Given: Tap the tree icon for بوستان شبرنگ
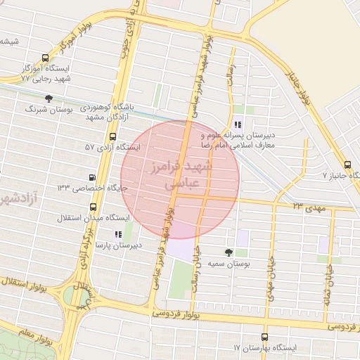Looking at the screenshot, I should pyautogui.click(x=48, y=99).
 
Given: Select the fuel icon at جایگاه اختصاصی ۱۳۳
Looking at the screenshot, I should pyautogui.click(x=91, y=177).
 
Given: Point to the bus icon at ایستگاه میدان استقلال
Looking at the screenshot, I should pyautogui.click(x=94, y=207).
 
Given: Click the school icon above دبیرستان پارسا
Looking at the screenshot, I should pyautogui.click(x=117, y=233).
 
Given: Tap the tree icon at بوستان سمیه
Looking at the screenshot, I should pyautogui.click(x=229, y=252).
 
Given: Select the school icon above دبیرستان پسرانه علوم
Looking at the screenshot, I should pyautogui.click(x=237, y=123).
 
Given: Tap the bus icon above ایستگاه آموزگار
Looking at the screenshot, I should pyautogui.click(x=46, y=58).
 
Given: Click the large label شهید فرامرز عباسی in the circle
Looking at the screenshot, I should pyautogui.click(x=180, y=174).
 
